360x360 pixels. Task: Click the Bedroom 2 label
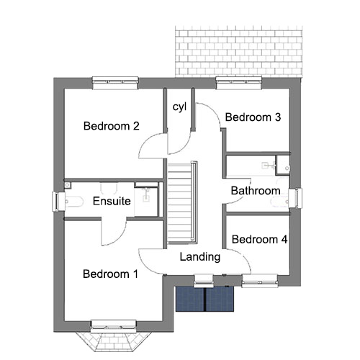pos(112,126)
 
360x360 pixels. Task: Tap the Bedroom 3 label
pos(253,117)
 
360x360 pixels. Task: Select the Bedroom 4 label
pos(259,239)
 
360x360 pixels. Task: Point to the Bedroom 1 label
pos(110,274)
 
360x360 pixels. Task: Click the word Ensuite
pos(112,201)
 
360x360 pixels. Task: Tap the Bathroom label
pos(256,191)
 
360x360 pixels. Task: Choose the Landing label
pos(200,257)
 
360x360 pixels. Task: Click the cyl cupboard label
pos(179,107)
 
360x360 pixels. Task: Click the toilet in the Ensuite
pos(74,202)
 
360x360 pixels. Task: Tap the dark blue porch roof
pos(204,299)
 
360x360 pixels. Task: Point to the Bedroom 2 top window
pos(115,83)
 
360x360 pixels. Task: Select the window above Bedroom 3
pos(238,83)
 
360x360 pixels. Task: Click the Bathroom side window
pos(295,198)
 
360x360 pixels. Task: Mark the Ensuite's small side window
pos(58,202)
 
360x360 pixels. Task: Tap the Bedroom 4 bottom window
pos(260,281)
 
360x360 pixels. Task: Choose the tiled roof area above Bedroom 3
pos(238,52)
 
